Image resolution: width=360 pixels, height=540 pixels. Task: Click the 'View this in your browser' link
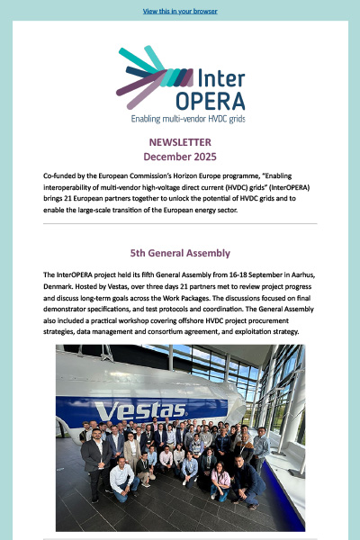[180, 12]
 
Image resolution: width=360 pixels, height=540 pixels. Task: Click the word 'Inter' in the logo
[217, 78]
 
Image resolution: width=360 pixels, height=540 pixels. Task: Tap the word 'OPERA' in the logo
[214, 100]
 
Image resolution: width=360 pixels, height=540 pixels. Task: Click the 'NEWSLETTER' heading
[180, 142]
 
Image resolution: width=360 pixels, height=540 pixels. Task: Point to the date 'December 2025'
[180, 157]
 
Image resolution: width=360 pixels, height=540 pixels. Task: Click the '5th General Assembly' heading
[180, 253]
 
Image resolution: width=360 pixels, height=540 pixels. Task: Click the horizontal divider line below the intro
[180, 223]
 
